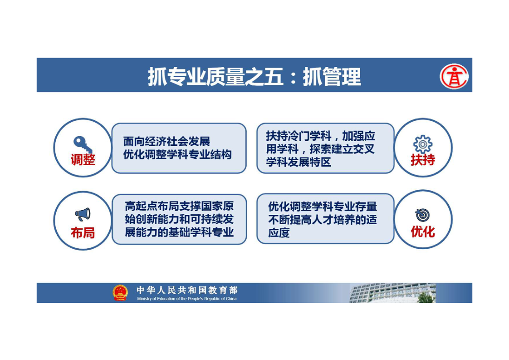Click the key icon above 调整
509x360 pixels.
pyautogui.click(x=81, y=143)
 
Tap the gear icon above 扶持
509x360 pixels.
pyautogui.click(x=423, y=144)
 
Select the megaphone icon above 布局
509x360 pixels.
pyautogui.click(x=83, y=214)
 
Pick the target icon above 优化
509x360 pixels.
pyautogui.click(x=422, y=215)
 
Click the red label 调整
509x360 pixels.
pyautogui.click(x=83, y=160)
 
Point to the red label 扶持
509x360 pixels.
pyautogui.click(x=423, y=160)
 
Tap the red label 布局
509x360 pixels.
pyautogui.click(x=83, y=232)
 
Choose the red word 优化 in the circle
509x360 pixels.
pyautogui.click(x=423, y=232)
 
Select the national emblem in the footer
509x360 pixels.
pyautogui.click(x=120, y=292)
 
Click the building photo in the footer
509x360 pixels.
pyautogui.click(x=392, y=293)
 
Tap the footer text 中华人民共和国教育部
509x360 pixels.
pyautogui.click(x=187, y=290)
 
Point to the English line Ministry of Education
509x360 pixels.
pyautogui.click(x=186, y=299)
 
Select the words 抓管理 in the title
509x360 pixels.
pyautogui.click(x=332, y=77)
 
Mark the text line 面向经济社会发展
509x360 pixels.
pyautogui.click(x=166, y=141)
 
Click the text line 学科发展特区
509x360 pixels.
pyautogui.click(x=299, y=162)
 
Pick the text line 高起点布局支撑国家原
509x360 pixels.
pyautogui.click(x=179, y=206)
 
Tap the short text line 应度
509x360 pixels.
pyautogui.click(x=279, y=232)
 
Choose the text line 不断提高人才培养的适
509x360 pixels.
pyautogui.click(x=323, y=220)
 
